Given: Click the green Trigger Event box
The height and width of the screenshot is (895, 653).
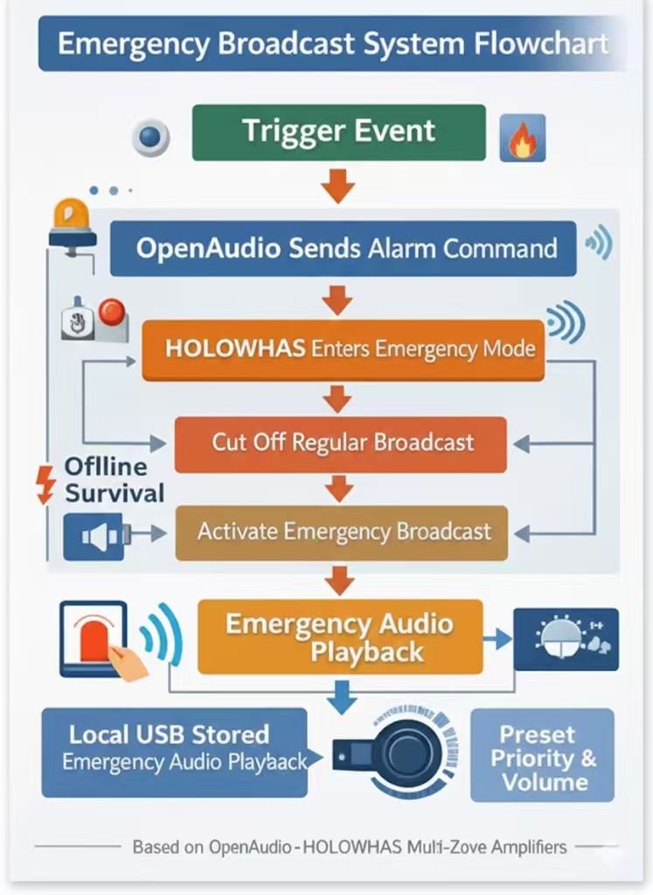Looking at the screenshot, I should tap(338, 132).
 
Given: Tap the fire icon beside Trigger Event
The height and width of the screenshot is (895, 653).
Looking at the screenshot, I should tap(522, 141).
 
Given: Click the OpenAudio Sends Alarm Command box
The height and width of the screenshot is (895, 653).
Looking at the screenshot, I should tap(343, 248).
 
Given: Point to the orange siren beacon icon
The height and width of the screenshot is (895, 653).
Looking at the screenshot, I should tap(72, 222).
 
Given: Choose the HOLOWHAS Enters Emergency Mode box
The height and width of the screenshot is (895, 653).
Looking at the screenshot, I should tap(343, 350).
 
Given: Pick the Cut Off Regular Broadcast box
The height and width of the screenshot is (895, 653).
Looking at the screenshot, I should tap(341, 443).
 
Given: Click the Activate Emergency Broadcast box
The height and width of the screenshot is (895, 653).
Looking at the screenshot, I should tap(342, 531).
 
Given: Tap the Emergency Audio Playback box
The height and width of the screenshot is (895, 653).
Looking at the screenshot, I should tap(340, 637).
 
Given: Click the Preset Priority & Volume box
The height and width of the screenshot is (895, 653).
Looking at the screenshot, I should tap(543, 756).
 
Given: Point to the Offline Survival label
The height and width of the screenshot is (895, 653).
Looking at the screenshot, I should tap(114, 480).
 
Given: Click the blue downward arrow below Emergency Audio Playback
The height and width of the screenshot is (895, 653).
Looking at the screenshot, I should tap(341, 697).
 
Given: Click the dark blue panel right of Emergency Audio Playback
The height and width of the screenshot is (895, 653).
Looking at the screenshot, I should tap(566, 640).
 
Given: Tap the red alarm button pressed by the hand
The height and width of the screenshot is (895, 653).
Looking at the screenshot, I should tap(96, 642).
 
